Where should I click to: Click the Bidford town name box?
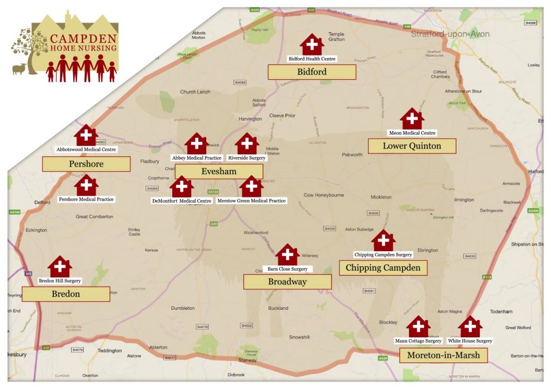click(x=312, y=72)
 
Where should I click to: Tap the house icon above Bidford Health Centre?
click(x=312, y=45)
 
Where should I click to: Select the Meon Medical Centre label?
click(x=412, y=133)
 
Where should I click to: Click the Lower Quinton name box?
click(x=412, y=146)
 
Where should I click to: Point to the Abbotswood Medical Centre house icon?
click(x=87, y=136)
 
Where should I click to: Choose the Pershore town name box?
click(x=86, y=164)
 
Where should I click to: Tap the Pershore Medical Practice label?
click(x=86, y=200)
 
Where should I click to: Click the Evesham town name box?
click(x=219, y=172)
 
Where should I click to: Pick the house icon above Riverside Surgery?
click(x=247, y=144)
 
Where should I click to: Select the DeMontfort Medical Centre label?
click(x=181, y=201)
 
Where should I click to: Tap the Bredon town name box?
click(x=66, y=294)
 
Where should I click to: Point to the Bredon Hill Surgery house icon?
click(x=60, y=267)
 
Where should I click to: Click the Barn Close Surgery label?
click(x=287, y=269)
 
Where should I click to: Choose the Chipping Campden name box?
click(x=383, y=268)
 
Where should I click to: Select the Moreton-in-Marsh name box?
click(x=443, y=356)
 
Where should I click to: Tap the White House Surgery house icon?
click(x=470, y=327)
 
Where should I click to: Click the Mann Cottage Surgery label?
click(x=418, y=341)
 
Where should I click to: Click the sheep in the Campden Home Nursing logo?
click(x=19, y=68)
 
